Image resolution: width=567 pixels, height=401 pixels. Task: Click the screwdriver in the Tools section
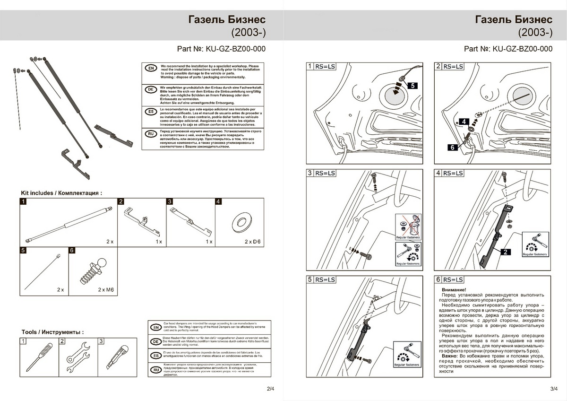pos(36,357)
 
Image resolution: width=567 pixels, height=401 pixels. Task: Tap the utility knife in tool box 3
pos(116,357)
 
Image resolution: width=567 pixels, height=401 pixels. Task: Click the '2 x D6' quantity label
pos(252,242)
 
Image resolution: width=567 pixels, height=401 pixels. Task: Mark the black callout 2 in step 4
pos(506,252)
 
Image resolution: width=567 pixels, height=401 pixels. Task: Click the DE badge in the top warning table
pos(150,90)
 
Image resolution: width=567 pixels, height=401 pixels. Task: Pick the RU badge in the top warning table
pos(150,134)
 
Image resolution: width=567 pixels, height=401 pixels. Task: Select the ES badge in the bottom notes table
pos(155,356)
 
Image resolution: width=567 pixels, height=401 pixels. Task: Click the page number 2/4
pos(270,389)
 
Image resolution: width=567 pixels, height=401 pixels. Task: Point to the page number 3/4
pos(555,389)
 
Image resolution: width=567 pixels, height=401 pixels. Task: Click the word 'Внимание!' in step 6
pos(453,289)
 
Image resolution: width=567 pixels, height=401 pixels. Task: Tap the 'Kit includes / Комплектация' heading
pos(61,193)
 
